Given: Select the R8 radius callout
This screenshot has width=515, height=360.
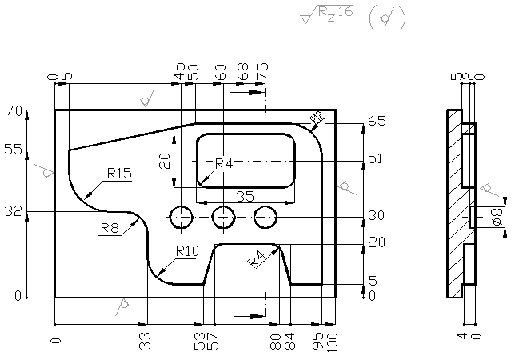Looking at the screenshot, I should click(110, 228).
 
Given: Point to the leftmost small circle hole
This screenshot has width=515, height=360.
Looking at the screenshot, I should click(182, 216).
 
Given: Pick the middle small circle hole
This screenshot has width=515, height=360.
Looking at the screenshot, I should click(224, 216).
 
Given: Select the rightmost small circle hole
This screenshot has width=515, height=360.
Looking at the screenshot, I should click(265, 216).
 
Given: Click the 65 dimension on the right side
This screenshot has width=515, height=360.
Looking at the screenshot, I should click(377, 122).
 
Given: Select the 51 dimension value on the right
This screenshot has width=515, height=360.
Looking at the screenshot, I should click(376, 158).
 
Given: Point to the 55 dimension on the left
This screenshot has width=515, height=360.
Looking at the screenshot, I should click(13, 150).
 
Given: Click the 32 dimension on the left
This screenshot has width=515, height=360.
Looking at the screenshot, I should click(13, 212).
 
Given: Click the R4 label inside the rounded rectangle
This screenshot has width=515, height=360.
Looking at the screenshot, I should click(223, 164).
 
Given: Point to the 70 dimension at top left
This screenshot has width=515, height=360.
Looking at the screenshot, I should click(13, 110).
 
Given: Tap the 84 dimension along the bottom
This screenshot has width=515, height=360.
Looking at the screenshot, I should click(290, 342).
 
